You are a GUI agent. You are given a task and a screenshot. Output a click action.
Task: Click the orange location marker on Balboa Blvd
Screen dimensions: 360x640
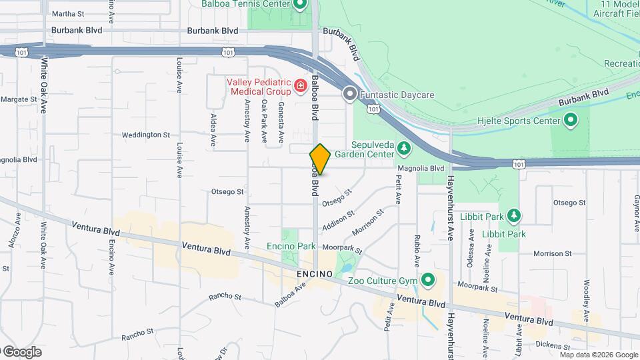(x=320, y=159)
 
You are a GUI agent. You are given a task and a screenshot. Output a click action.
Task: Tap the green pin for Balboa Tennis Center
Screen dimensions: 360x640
(x=299, y=5)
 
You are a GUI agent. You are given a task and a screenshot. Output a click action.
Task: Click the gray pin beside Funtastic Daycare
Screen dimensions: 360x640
(x=349, y=95)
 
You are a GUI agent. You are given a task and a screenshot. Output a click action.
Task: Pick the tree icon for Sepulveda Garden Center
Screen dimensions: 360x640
(x=403, y=147)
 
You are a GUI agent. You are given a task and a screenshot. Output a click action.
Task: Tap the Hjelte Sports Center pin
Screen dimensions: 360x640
(x=570, y=121)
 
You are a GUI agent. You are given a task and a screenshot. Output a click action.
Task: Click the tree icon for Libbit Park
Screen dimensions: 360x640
(x=513, y=215)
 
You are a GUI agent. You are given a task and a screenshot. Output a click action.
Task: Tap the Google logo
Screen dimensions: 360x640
(x=21, y=351)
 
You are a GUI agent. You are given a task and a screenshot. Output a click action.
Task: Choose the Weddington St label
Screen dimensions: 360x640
(x=145, y=135)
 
